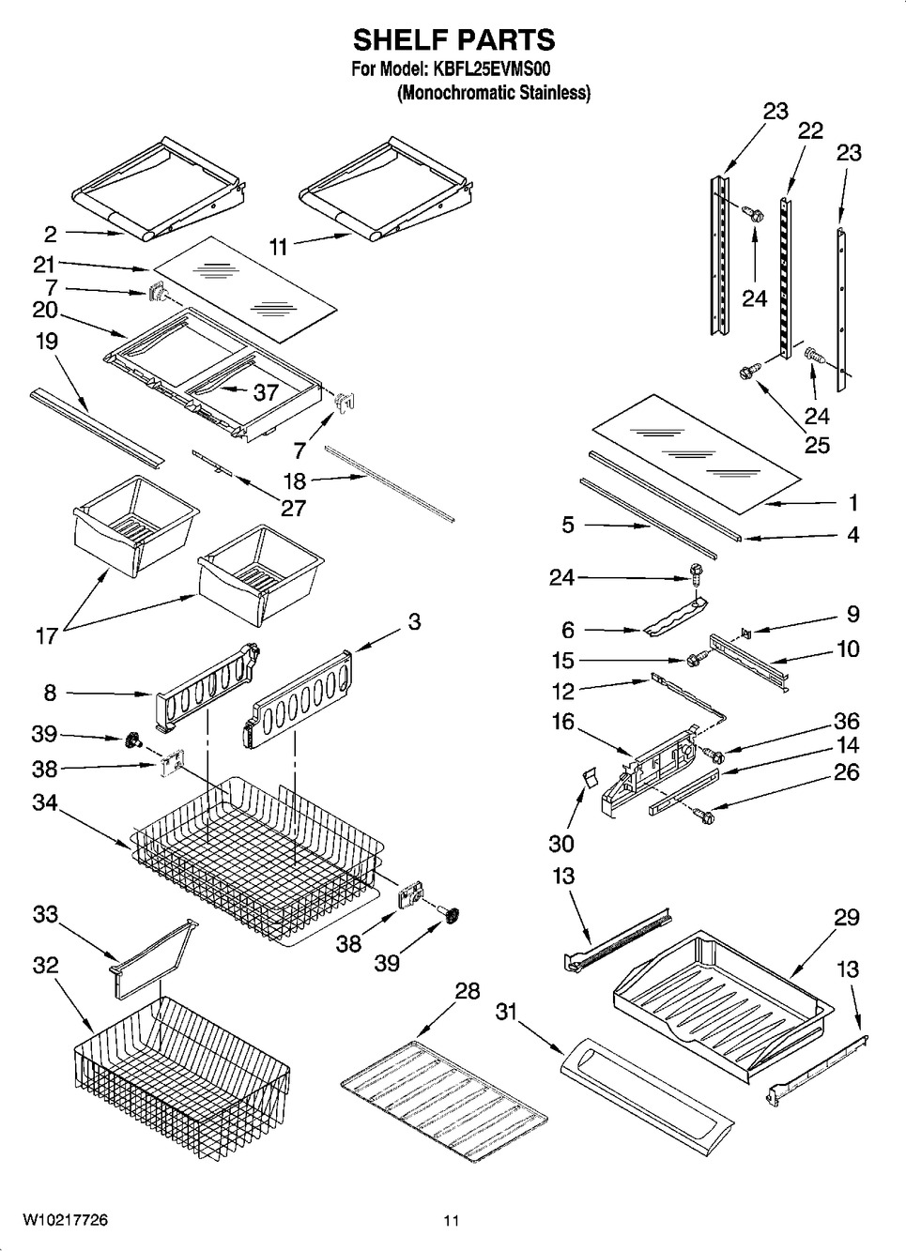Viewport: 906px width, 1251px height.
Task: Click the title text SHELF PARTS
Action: click(x=453, y=39)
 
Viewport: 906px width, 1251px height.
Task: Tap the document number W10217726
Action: click(x=63, y=1220)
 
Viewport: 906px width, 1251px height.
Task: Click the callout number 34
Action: click(x=45, y=802)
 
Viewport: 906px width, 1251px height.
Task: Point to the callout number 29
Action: click(x=846, y=917)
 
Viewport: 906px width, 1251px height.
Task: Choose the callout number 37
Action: click(x=266, y=391)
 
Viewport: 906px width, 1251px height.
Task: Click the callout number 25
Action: click(x=817, y=444)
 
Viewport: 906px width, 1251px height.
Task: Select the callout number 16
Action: click(x=562, y=722)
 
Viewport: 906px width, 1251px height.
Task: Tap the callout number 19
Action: click(x=46, y=342)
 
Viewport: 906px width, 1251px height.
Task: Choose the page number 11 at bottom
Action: click(x=452, y=1221)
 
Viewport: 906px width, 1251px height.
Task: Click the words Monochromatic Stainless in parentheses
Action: click(x=494, y=93)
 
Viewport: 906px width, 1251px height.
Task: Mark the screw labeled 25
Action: click(x=750, y=373)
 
